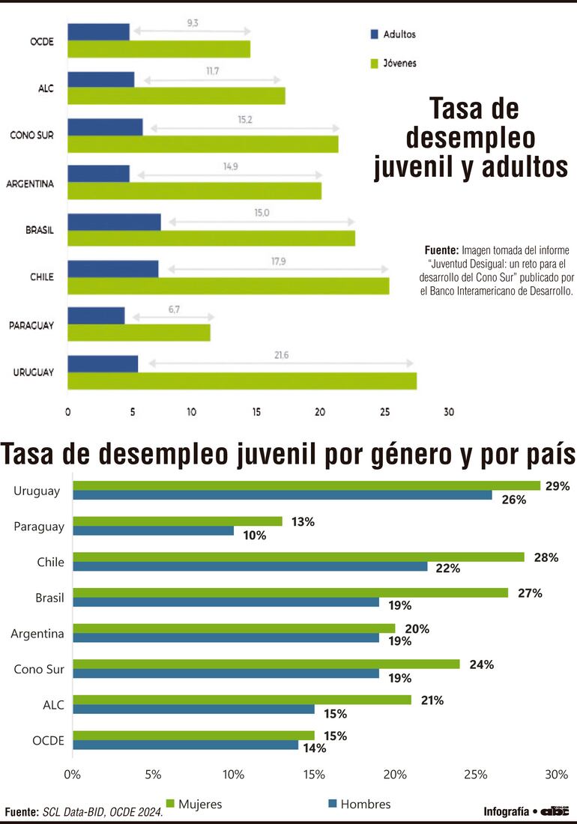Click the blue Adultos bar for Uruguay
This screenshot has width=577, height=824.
pyautogui.click(x=103, y=364)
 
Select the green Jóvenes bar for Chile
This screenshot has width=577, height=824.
pyautogui.click(x=228, y=286)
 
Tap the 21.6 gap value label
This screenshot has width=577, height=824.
pyautogui.click(x=281, y=354)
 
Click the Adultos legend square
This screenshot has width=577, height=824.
pyautogui.click(x=375, y=34)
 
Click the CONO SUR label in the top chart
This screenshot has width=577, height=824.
pyautogui.click(x=31, y=135)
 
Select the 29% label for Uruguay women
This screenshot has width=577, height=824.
pyautogui.click(x=558, y=486)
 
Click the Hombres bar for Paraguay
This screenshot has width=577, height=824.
pyautogui.click(x=153, y=531)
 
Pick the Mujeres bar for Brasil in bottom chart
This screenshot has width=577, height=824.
pyautogui.click(x=290, y=593)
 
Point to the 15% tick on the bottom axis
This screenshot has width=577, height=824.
pyautogui.click(x=314, y=773)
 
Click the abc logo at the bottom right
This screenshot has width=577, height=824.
pyautogui.click(x=555, y=811)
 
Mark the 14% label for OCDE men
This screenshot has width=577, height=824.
pyautogui.click(x=315, y=748)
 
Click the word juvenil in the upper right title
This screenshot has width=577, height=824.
pyautogui.click(x=424, y=166)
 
